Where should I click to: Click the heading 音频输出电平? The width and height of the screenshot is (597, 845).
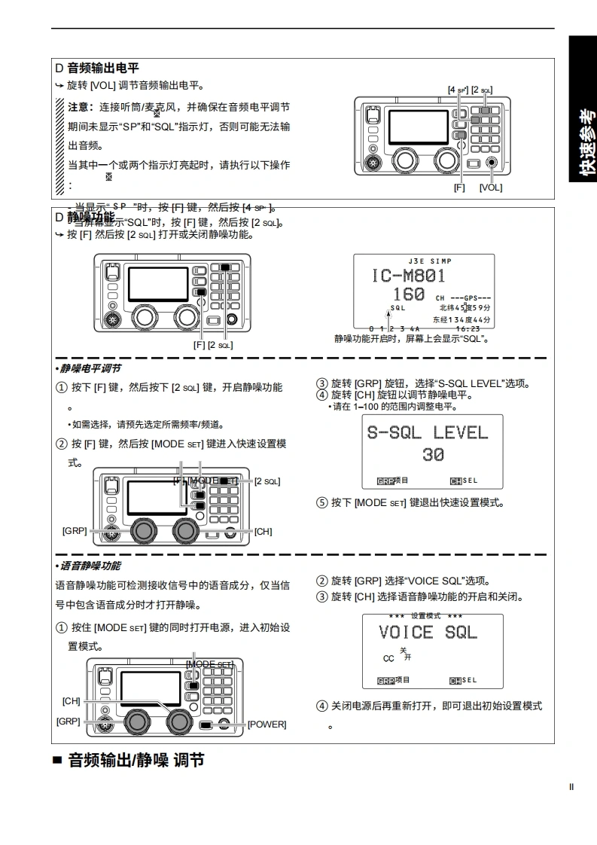pos(103,68)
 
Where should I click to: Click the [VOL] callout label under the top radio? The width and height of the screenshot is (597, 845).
pos(490,188)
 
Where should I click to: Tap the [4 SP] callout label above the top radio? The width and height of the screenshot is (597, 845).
pos(458,90)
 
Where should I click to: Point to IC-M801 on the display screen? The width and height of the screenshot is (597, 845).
pos(408,276)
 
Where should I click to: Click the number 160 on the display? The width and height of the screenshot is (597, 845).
pos(409,294)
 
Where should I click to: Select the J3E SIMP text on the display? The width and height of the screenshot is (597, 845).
pos(424,261)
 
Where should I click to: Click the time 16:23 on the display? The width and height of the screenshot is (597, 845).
pos(468,328)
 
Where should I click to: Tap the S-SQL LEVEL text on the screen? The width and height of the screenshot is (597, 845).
pos(427,432)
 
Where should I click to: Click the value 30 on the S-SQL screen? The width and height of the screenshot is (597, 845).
pos(432,454)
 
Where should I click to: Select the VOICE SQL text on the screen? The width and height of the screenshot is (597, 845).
pos(428,632)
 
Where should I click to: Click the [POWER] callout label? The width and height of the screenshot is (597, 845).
pos(267,725)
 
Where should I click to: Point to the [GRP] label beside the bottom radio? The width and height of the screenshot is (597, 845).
pos(68,721)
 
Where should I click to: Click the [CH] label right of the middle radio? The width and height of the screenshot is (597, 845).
pos(263,532)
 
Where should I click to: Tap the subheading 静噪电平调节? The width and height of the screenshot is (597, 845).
pos(90,368)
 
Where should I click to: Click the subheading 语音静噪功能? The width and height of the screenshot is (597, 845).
pos(90,566)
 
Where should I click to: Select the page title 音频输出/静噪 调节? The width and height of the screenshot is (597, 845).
pos(136,761)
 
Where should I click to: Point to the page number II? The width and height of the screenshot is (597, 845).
pos(571,787)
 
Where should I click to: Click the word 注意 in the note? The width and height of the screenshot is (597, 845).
pos(80,107)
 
